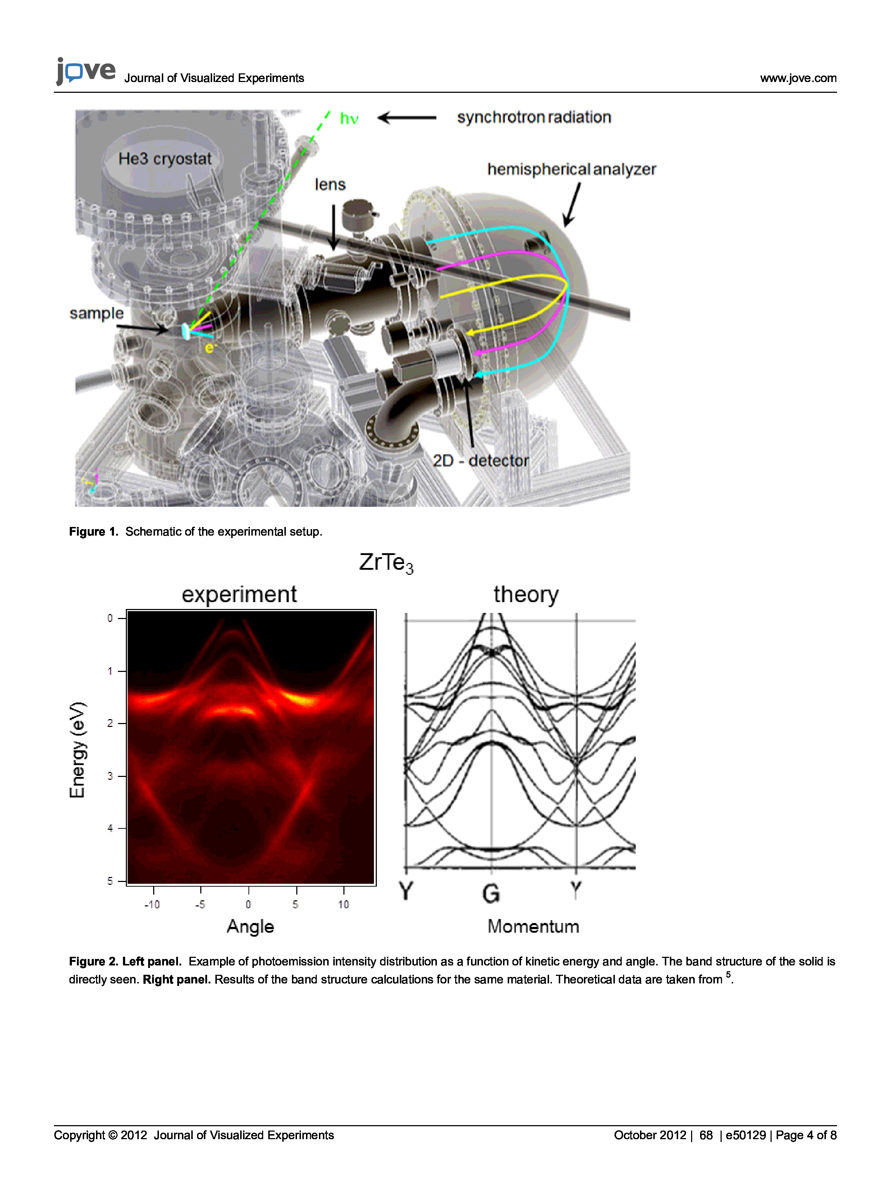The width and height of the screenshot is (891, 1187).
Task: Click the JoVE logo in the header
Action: pos(86,71)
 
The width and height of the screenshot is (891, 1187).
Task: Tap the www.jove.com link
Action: pos(798,78)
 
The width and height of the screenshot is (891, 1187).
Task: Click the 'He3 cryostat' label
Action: pos(165,159)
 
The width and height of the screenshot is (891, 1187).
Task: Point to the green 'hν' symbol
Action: pos(349,119)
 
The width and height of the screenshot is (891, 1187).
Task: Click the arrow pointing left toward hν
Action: pos(407,118)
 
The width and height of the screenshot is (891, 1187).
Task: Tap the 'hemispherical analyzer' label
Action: pos(571,169)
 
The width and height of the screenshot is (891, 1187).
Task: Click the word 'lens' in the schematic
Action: pos(330,185)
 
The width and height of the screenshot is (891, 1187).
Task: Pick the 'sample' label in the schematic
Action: pos(97,313)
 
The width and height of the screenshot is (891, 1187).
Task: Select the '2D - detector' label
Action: pos(481,460)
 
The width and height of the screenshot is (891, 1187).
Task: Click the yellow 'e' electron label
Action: pos(209,348)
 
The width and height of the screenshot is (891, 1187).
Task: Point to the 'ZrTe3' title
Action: pos(386,563)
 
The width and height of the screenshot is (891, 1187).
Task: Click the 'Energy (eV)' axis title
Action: pos(77,750)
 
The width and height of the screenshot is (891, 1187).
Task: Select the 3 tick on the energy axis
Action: pos(110,776)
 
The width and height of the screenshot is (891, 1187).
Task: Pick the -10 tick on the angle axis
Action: pos(152,905)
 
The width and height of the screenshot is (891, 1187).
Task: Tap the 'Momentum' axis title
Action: pos(533,927)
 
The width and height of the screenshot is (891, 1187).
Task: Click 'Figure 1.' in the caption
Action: pos(93,532)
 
